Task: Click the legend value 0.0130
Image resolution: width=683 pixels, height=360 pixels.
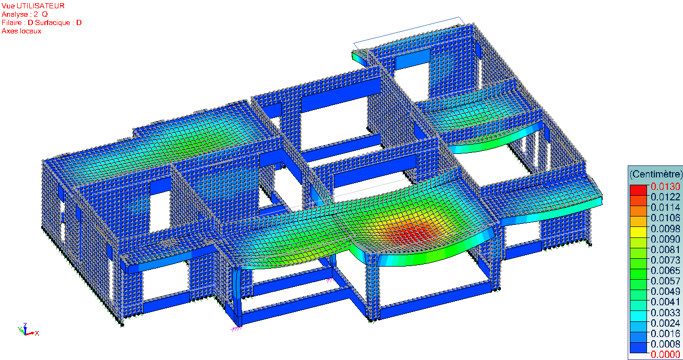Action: [x=665, y=187]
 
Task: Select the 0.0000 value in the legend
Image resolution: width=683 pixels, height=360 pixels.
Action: [x=665, y=354]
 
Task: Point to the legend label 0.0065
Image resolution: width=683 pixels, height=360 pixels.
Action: [x=665, y=270]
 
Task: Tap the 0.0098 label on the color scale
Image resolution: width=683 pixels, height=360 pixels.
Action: [x=665, y=229]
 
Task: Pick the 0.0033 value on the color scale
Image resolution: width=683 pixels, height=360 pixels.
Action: [x=665, y=313]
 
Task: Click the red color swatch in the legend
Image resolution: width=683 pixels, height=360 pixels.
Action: [x=638, y=190]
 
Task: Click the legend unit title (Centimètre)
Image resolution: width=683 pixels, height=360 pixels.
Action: [x=655, y=174]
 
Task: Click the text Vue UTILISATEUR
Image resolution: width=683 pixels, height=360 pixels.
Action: [x=33, y=6]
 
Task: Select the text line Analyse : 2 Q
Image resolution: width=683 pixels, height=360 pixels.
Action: [x=25, y=14]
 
